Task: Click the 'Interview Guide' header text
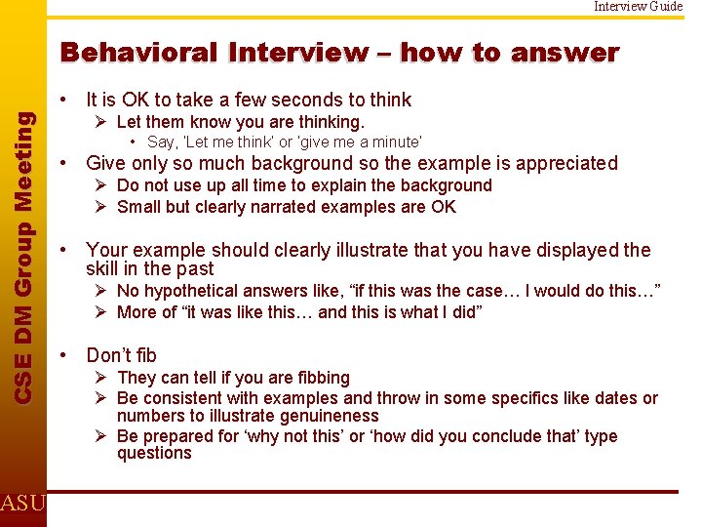click(x=639, y=6)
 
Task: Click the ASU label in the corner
click(x=22, y=503)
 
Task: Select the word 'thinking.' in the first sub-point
click(x=328, y=122)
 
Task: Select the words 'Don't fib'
click(x=121, y=355)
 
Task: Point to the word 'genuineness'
click(x=322, y=417)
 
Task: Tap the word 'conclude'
click(x=474, y=436)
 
